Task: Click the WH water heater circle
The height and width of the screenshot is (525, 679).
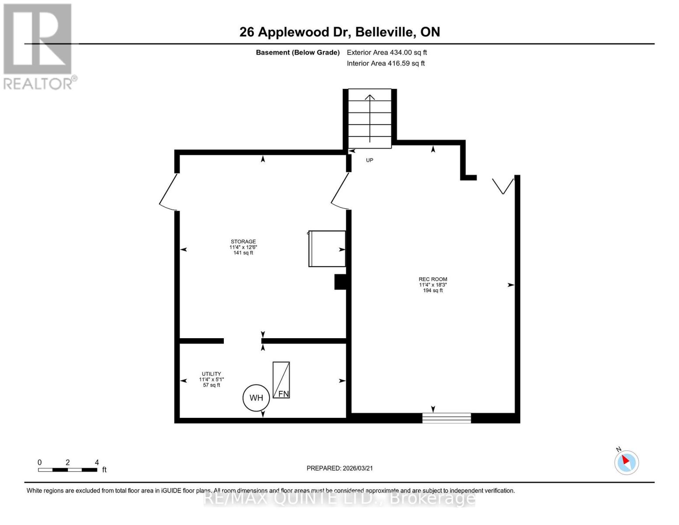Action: (256, 398)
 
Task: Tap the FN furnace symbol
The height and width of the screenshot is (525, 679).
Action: (281, 380)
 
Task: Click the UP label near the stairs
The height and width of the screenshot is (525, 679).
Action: (369, 160)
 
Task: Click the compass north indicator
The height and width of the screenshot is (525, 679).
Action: (627, 462)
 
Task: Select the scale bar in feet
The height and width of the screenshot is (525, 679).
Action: (68, 470)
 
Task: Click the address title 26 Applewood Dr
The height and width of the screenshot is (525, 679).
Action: (340, 32)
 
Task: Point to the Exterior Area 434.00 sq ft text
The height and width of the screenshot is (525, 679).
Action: (387, 52)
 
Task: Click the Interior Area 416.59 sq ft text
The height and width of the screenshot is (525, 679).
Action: (386, 63)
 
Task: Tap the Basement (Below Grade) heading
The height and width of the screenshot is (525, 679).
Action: (297, 52)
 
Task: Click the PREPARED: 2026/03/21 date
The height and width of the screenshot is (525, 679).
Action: (340, 468)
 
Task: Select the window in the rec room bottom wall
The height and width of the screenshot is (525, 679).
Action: (446, 418)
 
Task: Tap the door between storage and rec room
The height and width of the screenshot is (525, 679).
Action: (340, 191)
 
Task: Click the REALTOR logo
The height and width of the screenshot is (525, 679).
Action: (38, 46)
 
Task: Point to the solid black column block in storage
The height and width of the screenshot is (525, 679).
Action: (340, 282)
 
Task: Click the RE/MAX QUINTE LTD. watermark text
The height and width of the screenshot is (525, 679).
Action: (340, 498)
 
